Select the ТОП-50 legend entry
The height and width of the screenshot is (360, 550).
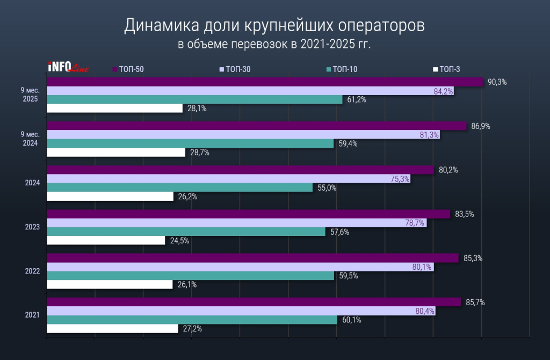click(x=128, y=69)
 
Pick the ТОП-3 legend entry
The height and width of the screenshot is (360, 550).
click(x=446, y=69)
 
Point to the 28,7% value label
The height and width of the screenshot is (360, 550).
click(x=199, y=153)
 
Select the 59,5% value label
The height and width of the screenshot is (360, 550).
click(x=347, y=276)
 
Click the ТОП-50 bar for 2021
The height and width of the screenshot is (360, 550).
click(x=254, y=302)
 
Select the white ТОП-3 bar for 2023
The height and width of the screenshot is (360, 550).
click(x=106, y=241)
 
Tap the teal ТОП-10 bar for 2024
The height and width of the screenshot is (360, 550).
click(x=179, y=188)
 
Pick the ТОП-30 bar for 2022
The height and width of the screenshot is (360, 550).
click(x=240, y=267)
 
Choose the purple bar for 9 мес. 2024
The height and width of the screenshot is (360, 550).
click(x=257, y=126)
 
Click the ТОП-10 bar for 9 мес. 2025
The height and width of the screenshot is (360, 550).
click(x=194, y=99)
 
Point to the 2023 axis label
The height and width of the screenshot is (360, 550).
click(x=32, y=227)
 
